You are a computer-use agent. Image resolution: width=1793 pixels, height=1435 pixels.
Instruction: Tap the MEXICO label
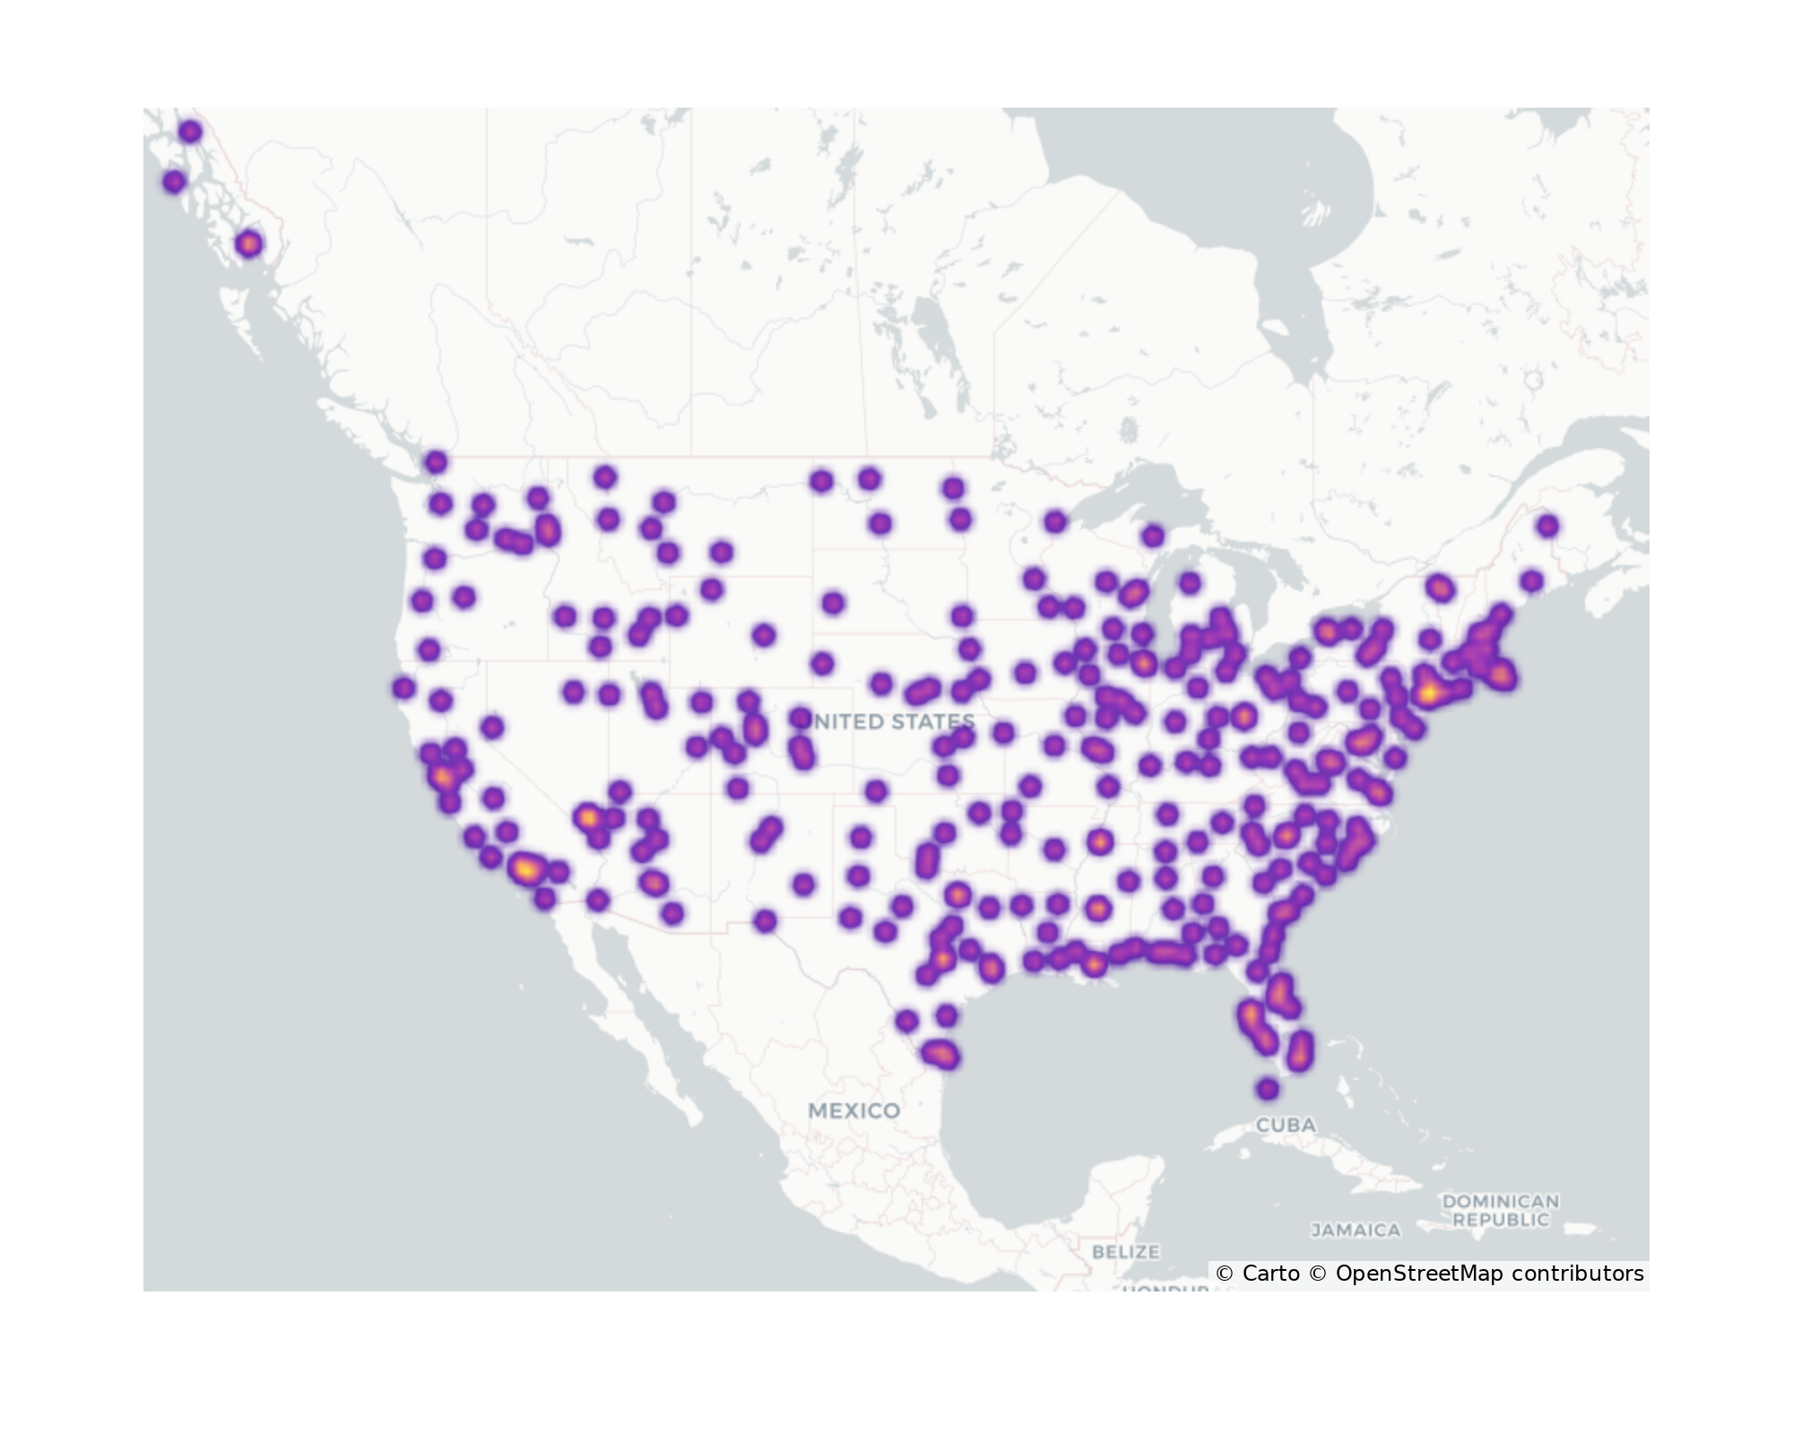[853, 1110]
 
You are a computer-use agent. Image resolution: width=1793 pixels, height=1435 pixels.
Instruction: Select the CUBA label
[1286, 1125]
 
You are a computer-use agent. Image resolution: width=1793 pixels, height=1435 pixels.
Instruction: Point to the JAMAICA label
[1356, 1230]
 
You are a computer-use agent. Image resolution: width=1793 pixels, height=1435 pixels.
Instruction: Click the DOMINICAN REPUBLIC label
[1501, 1210]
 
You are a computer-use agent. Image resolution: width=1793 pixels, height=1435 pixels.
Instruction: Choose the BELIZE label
[1126, 1251]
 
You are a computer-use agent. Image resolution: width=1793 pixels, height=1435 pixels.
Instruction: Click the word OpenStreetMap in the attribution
[1418, 1274]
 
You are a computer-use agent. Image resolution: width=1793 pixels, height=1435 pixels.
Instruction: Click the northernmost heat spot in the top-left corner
[190, 132]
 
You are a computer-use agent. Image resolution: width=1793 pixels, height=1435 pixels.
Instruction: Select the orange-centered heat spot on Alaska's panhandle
[249, 243]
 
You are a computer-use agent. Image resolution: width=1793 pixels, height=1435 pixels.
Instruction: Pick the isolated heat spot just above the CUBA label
[1267, 1089]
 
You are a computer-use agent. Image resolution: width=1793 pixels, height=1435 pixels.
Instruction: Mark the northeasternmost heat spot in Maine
[1547, 526]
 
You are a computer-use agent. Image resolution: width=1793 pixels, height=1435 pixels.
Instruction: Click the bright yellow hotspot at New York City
[1429, 692]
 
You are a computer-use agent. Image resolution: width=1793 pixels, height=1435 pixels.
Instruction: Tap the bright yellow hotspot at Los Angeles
[526, 868]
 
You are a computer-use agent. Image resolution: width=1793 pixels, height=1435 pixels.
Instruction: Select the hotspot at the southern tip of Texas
[940, 1054]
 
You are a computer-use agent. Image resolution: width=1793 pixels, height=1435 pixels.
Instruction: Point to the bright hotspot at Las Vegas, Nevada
[587, 818]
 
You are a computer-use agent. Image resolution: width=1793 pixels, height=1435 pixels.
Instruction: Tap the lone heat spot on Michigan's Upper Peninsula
[1153, 536]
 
